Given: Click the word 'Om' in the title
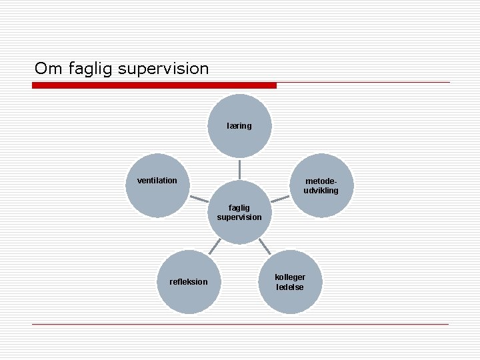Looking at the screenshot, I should [x=47, y=68].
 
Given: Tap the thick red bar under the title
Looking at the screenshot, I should [x=154, y=85].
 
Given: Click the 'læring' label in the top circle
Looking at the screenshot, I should [x=239, y=125].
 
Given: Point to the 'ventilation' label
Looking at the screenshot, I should [x=157, y=180].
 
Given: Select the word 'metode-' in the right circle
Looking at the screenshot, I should [x=321, y=181].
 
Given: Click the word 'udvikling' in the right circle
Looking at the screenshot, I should [x=321, y=191].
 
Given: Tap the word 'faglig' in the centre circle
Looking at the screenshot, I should [x=239, y=207].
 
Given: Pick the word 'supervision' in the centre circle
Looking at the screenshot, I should [x=239, y=217].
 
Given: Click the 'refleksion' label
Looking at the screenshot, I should [x=189, y=281].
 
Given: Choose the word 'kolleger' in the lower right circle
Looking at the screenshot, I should [x=290, y=277].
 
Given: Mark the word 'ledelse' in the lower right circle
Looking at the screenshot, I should [x=290, y=287].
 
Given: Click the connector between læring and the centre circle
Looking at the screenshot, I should [x=239, y=169].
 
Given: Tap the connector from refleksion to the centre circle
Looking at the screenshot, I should [x=213, y=247].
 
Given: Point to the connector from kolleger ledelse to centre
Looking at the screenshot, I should [x=265, y=246].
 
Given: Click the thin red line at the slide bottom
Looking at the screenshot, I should [x=240, y=324].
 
